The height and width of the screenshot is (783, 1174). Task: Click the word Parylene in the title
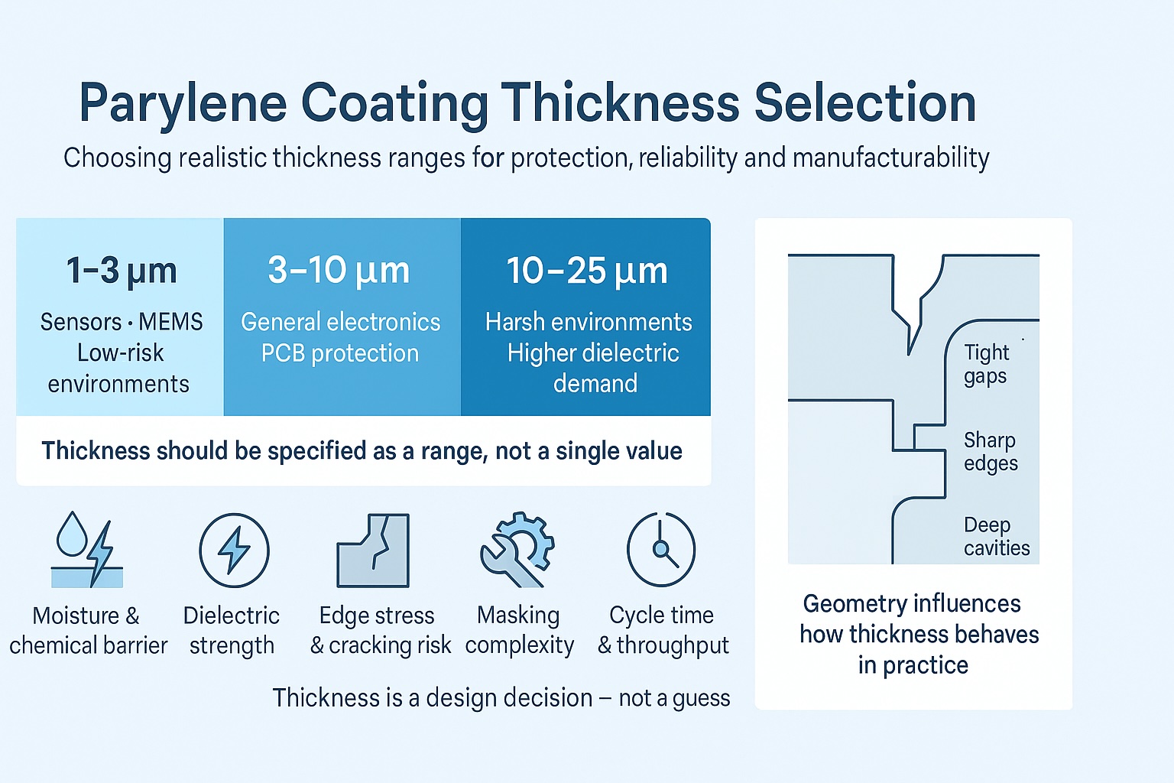pyautogui.click(x=183, y=103)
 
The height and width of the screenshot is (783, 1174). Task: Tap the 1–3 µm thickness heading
pyautogui.click(x=122, y=271)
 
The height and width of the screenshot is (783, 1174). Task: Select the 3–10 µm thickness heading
pyautogui.click(x=339, y=271)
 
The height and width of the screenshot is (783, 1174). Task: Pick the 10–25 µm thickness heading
pyautogui.click(x=586, y=271)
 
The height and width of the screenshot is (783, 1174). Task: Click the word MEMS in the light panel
pyautogui.click(x=170, y=322)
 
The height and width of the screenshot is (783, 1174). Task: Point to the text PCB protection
pyautogui.click(x=340, y=353)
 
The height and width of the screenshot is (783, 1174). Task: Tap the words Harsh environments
pyautogui.click(x=589, y=322)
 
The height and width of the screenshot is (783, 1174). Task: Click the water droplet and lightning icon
pyautogui.click(x=86, y=550)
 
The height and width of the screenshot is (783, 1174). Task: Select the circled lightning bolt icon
pyautogui.click(x=234, y=551)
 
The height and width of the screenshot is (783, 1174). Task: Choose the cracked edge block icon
pyautogui.click(x=374, y=551)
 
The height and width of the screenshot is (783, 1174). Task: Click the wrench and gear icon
pyautogui.click(x=517, y=550)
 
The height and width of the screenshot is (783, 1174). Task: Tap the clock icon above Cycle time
pyautogui.click(x=661, y=550)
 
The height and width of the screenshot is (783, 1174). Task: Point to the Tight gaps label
pyautogui.click(x=986, y=364)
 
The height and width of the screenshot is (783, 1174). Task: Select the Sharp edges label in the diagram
pyautogui.click(x=991, y=451)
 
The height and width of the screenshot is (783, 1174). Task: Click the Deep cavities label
pyautogui.click(x=997, y=536)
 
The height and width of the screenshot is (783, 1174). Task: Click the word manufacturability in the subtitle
pyautogui.click(x=891, y=158)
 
